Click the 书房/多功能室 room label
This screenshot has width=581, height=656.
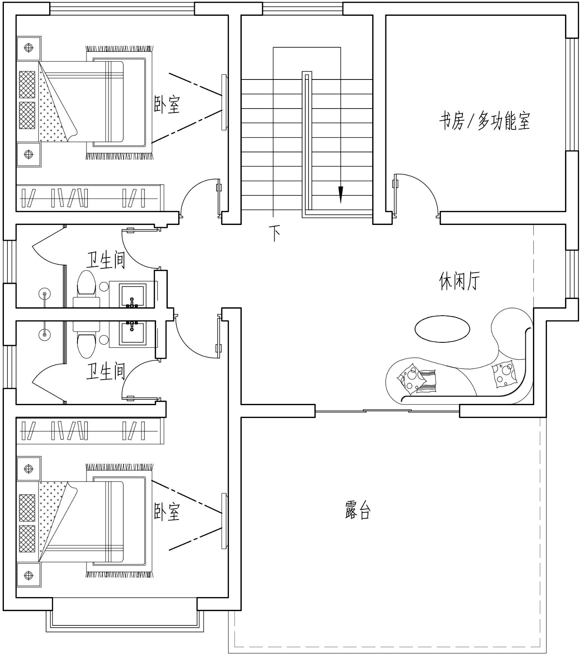point(485,121)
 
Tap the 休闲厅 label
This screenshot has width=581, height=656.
point(459,281)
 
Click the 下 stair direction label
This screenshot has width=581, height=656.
point(275,233)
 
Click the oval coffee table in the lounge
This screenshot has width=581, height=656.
point(442,329)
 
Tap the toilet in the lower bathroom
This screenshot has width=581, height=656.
point(86,340)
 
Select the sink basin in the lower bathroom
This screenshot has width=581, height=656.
point(132,333)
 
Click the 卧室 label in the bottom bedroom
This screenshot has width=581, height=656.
point(167,511)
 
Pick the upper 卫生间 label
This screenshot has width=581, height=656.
point(105,260)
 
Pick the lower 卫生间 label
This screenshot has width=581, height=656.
point(105,371)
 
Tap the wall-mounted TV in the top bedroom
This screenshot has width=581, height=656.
point(224,102)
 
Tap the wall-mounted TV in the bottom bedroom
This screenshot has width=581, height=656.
point(224,521)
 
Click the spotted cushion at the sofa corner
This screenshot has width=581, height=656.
point(504,374)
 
